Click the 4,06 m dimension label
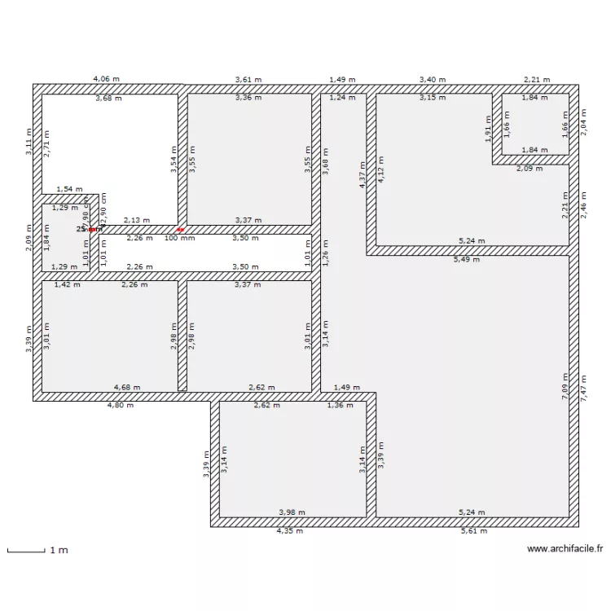107,79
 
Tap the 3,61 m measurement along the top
248,79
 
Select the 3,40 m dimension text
433,79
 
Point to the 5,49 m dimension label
468,260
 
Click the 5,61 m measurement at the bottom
473,531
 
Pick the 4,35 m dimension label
289,531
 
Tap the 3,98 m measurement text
292,512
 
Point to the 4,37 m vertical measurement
363,174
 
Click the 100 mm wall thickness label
180,238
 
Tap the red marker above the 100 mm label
180,230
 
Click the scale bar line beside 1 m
25,552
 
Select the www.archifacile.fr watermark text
565,549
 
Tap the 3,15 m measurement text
433,98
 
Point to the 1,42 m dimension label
67,285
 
